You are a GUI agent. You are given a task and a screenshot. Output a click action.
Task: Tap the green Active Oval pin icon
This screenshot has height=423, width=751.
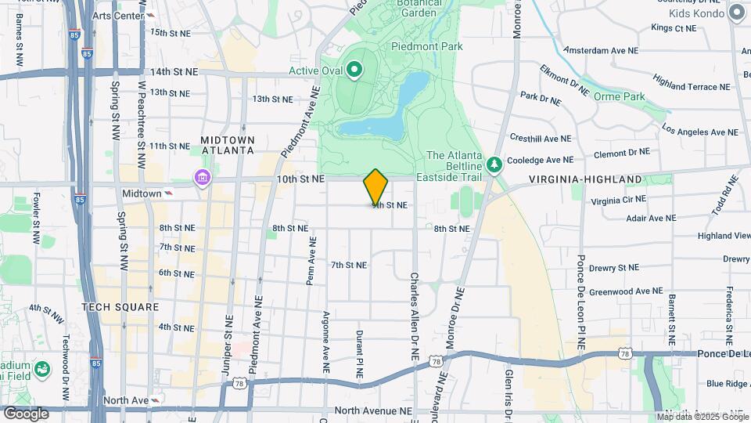[354, 71]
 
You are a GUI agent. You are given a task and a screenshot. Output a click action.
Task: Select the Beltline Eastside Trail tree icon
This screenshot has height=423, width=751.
[494, 164]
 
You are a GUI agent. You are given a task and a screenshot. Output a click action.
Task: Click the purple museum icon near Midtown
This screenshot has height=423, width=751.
[203, 179]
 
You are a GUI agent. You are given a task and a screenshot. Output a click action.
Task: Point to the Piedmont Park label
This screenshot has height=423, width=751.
[427, 46]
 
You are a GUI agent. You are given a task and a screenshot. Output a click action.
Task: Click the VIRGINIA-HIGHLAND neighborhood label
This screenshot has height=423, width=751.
[585, 179]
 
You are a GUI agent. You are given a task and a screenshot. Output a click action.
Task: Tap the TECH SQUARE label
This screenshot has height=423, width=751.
[120, 307]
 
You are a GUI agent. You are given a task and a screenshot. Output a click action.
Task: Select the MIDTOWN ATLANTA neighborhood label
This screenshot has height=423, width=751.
[228, 144]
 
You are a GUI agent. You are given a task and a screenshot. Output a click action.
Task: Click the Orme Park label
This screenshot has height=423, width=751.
[619, 96]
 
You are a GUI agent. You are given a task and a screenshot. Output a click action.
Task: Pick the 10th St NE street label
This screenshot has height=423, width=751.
[301, 179]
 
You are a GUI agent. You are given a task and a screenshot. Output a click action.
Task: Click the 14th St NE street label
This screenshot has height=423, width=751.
[174, 71]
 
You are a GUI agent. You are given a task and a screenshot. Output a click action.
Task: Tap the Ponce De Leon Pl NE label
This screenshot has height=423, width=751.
[581, 302]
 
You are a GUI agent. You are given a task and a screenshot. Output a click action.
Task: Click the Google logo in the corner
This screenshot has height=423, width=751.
[26, 413]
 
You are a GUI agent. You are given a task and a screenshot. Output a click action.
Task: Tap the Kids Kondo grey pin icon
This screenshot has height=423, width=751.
[736, 13]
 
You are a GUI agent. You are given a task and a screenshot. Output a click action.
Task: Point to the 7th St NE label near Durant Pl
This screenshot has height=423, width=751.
[348, 265]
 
